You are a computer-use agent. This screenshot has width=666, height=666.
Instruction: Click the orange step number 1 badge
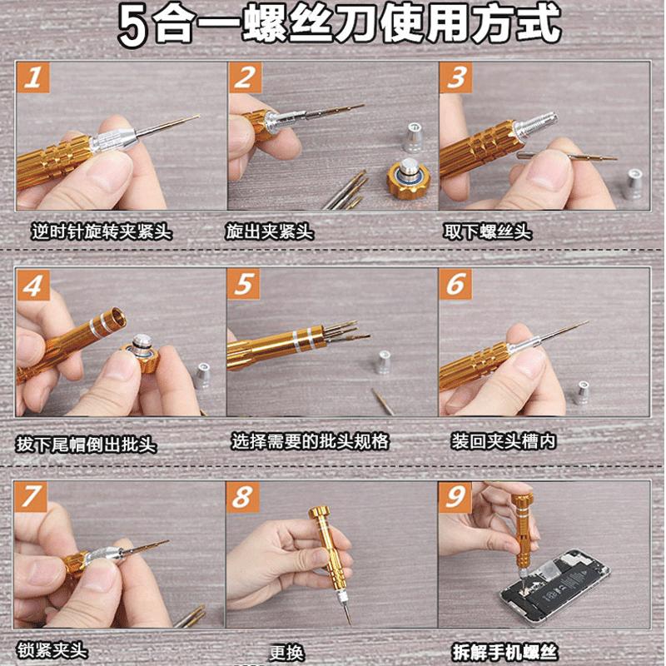tap(34, 79)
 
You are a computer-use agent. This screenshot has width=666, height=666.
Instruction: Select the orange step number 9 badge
tap(455, 497)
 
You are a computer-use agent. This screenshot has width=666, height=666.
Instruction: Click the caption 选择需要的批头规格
tap(310, 442)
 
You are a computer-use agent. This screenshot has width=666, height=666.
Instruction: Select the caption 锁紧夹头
tap(52, 650)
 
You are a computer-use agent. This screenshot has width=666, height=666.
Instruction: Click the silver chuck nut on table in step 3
tap(634, 183)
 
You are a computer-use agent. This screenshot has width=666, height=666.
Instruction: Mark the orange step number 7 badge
tap(33, 497)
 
